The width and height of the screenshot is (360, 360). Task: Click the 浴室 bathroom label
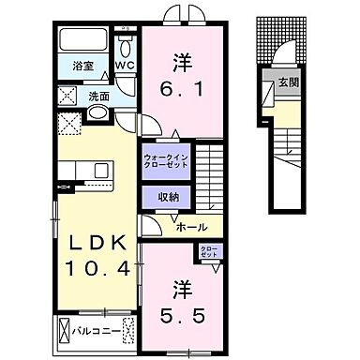pos(83,66)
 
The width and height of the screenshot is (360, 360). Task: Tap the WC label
pos(126,65)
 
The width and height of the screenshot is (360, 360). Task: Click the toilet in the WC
pos(126,46)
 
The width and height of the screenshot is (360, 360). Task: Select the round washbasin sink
pos(97,113)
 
